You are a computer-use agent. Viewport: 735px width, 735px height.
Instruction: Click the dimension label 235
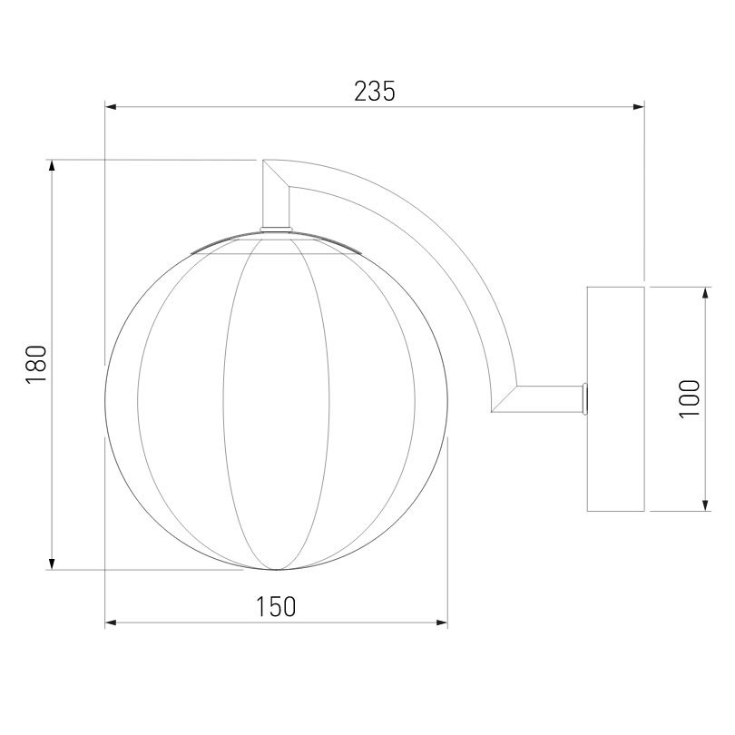coord(375,92)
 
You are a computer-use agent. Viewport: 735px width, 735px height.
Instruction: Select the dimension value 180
coord(36,364)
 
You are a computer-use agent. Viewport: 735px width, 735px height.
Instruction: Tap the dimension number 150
coord(276,606)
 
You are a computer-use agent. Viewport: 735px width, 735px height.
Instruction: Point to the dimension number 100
coord(689,399)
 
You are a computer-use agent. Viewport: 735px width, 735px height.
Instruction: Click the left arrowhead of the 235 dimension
coord(111,107)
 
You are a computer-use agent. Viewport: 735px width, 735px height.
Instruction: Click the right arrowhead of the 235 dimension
coord(639,107)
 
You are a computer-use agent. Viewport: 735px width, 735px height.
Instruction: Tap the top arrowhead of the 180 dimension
coord(52,166)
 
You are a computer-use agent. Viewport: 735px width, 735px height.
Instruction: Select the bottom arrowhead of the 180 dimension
coord(52,563)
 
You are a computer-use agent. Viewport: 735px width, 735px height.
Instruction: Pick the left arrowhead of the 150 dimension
coord(111,623)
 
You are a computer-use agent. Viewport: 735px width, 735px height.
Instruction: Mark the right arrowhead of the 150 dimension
coord(442,623)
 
